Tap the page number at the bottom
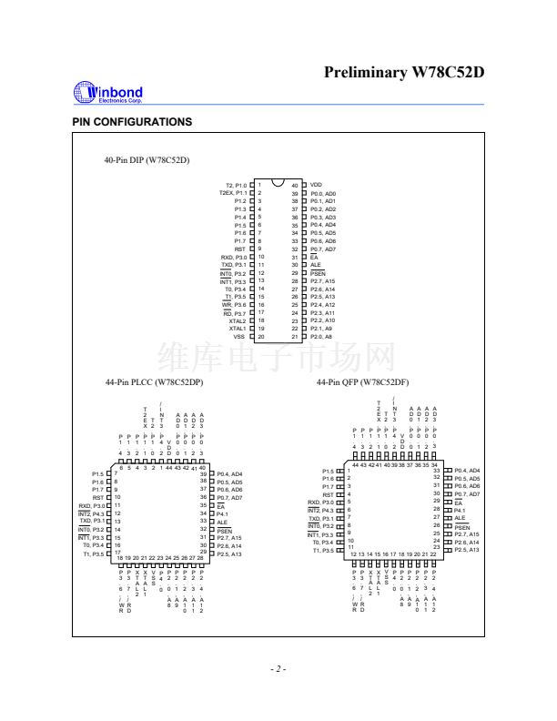tap(278, 669)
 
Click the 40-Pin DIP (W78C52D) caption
tap(147, 160)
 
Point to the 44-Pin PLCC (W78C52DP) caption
tap(154, 383)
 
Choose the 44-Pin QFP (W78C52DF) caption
tap(362, 383)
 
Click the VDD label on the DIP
tap(316, 185)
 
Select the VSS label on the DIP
tap(238, 337)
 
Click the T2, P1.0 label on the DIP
tap(235, 185)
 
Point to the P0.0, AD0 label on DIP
tap(323, 193)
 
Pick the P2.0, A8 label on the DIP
tap(321, 337)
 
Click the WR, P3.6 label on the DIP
tap(234, 305)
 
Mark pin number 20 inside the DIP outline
tap(260, 337)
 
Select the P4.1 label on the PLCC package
tap(222, 513)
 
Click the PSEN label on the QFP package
tap(463, 527)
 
